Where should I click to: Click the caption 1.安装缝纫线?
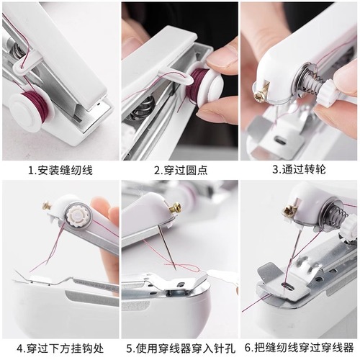coord(60,171)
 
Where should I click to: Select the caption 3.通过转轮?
coord(298,171)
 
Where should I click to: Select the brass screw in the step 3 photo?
coord(261,91)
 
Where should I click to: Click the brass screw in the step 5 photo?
coord(174,208)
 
